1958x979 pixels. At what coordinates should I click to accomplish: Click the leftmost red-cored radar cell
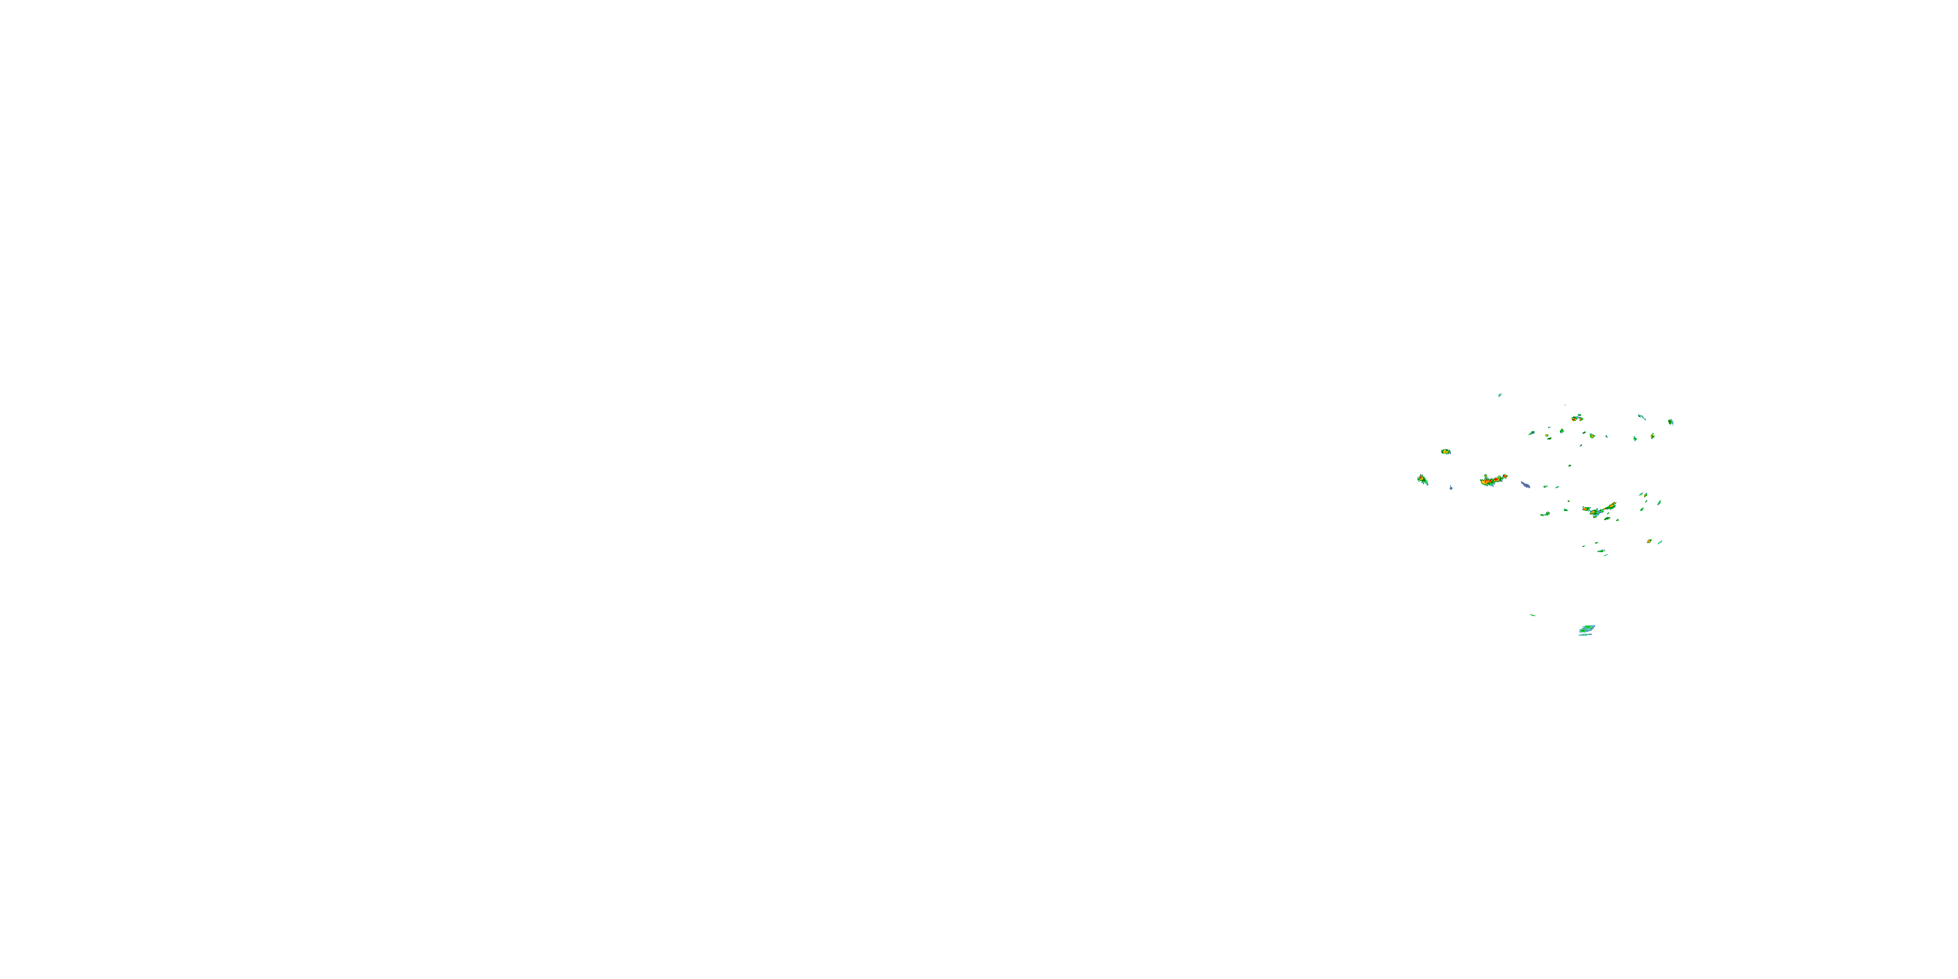[1422, 480]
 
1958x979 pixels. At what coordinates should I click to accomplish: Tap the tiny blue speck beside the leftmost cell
[1451, 488]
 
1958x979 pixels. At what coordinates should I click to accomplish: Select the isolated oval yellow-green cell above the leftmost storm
[1446, 452]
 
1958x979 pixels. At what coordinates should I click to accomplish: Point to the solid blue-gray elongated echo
[1525, 484]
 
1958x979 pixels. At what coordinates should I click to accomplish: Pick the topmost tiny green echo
[1500, 396]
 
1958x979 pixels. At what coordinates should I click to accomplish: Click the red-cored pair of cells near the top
[1577, 418]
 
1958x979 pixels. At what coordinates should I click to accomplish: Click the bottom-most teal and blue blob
[1587, 629]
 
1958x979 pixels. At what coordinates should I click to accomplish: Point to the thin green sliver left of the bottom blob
[1533, 615]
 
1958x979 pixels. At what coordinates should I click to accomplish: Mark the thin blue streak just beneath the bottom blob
[1584, 634]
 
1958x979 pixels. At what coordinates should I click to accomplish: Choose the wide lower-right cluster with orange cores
[1599, 509]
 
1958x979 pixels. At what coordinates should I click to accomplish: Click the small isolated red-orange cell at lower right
[1649, 541]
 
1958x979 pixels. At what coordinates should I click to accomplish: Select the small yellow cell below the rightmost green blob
[1653, 436]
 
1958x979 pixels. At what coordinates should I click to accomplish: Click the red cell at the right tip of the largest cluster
[1504, 476]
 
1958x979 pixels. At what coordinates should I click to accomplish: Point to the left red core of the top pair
[1574, 419]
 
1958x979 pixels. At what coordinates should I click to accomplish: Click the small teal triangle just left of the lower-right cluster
[1566, 510]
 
